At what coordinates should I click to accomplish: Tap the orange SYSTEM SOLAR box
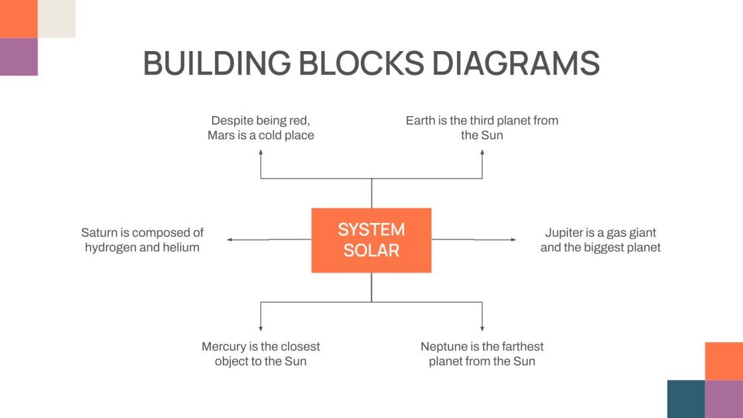[x=371, y=240]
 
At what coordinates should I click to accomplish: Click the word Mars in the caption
[x=222, y=135]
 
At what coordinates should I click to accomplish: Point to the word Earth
[x=420, y=121]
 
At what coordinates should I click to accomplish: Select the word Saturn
[x=98, y=233]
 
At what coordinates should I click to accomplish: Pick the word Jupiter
[x=565, y=233]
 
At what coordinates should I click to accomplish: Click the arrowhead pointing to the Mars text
[x=261, y=153]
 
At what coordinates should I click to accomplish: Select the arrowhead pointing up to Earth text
[x=482, y=153]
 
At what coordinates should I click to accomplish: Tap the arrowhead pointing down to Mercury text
[x=261, y=328]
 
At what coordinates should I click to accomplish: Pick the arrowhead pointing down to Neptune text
[x=482, y=328]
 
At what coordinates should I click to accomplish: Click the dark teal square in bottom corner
[x=686, y=399]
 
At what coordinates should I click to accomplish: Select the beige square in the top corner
[x=56, y=19]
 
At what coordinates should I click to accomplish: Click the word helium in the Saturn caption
[x=182, y=247]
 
